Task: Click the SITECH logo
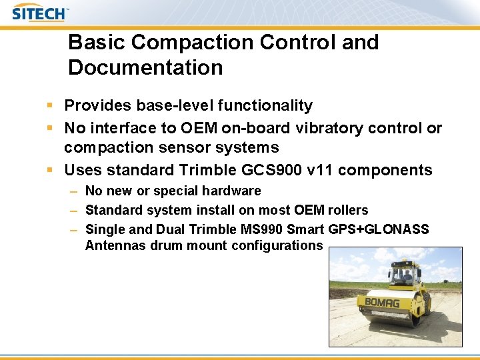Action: (39, 13)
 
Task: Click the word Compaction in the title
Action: (193, 42)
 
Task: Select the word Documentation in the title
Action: (145, 67)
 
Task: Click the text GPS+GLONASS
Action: (379, 229)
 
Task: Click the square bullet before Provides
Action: (51, 105)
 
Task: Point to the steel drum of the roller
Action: (383, 317)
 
